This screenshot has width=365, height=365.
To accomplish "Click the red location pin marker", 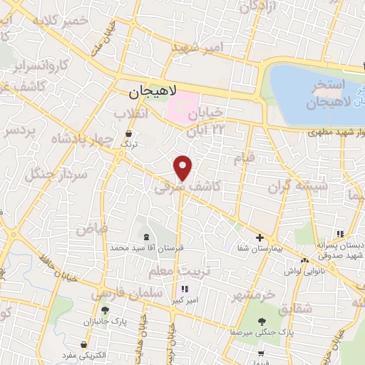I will coord(183,168).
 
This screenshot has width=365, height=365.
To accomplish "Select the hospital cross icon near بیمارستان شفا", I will coord(259,238).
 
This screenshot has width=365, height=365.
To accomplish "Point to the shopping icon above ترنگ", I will coord(128,133).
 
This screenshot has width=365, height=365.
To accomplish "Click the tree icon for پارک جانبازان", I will coord(106,310).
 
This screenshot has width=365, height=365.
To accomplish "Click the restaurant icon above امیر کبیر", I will coord(185,289).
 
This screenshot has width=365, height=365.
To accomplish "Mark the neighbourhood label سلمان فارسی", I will coord(118,293).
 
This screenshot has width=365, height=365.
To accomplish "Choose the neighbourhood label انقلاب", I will coord(133,113).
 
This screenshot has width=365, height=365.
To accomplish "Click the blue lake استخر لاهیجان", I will coord(314,89).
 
